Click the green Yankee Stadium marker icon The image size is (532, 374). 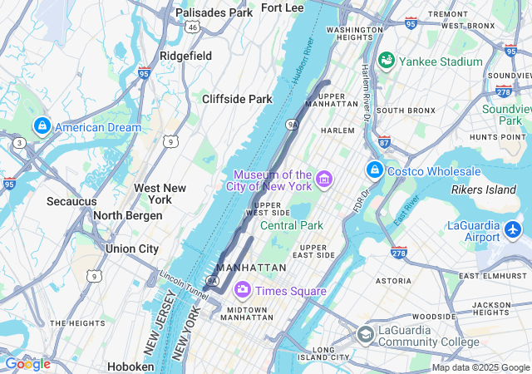(x=386, y=61)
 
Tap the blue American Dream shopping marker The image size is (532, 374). (x=42, y=126)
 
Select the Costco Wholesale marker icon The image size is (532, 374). (x=375, y=170)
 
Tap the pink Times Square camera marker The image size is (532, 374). (x=243, y=290)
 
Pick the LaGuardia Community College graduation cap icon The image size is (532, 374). (x=365, y=334)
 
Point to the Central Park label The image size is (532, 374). (x=291, y=225)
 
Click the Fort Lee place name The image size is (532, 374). (x=282, y=7)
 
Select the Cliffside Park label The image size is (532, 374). (x=237, y=99)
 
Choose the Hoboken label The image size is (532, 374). (x=131, y=366)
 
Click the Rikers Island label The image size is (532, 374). (x=483, y=189)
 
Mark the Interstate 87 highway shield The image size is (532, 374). (x=383, y=142)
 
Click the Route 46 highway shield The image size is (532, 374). (x=192, y=27)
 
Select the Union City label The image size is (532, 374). (x=131, y=249)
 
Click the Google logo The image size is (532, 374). (x=27, y=364)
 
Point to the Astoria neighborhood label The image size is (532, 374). (x=393, y=281)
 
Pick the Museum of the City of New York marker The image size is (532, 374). (x=324, y=179)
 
